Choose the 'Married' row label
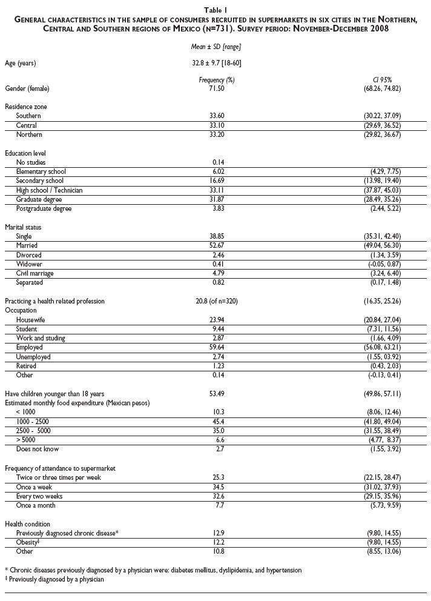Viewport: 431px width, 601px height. (27, 245)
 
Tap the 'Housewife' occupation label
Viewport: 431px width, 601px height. (32, 320)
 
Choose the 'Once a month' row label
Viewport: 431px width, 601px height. (35, 504)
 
